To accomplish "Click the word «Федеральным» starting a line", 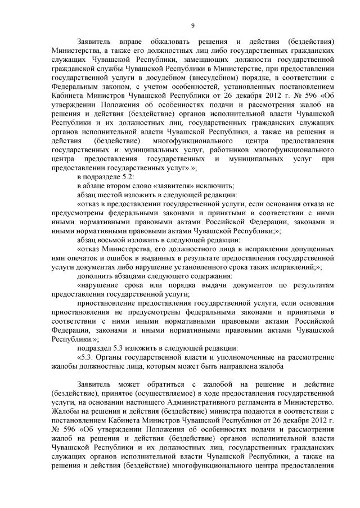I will pyautogui.click(x=73, y=83).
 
